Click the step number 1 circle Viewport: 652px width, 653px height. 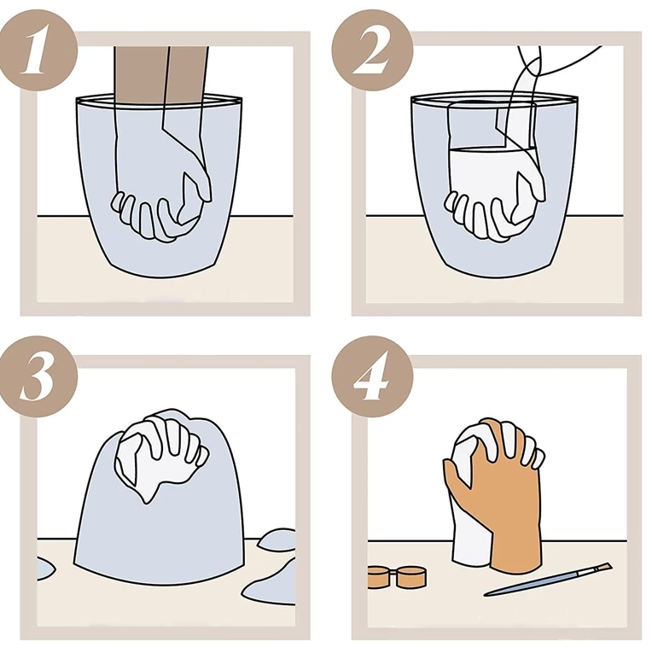pyautogui.click(x=37, y=50)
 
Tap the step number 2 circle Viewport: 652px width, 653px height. pyautogui.click(x=372, y=50)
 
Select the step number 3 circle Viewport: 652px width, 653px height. pyautogui.click(x=37, y=376)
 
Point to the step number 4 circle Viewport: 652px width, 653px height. pyautogui.click(x=372, y=376)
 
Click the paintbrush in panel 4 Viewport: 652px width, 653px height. pyautogui.click(x=548, y=579)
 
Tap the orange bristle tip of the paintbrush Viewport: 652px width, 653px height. pyautogui.click(x=603, y=567)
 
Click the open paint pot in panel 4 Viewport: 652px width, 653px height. pyautogui.click(x=411, y=576)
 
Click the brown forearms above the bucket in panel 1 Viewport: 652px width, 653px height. pyautogui.click(x=161, y=73)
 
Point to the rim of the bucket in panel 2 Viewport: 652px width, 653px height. pyautogui.click(x=494, y=100)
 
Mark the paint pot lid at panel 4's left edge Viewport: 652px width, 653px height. pyautogui.click(x=378, y=577)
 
